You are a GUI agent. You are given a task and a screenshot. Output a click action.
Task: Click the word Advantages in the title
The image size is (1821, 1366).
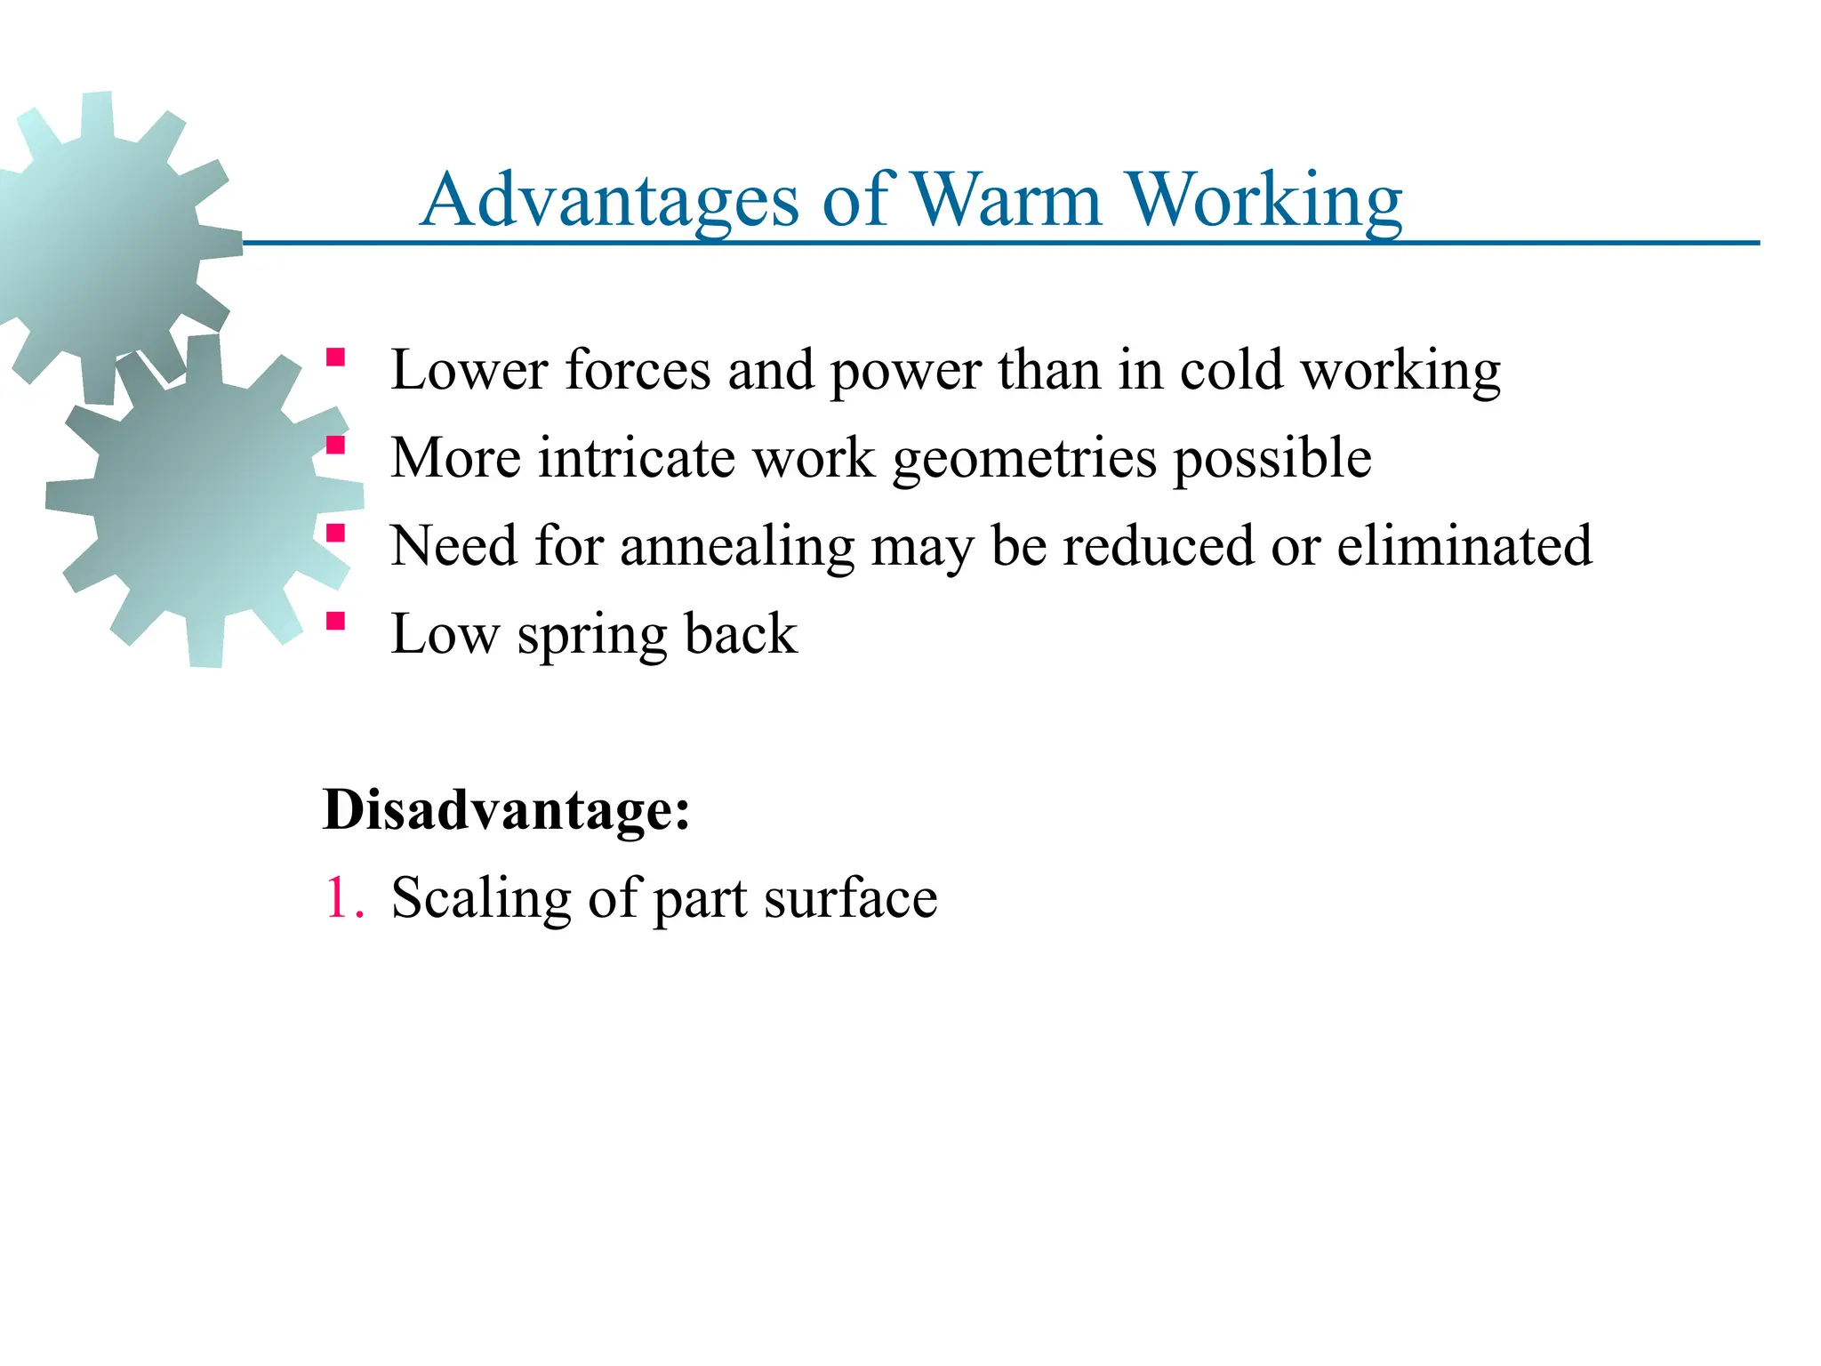click(x=610, y=201)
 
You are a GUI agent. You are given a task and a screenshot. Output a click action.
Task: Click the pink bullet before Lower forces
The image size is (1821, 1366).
click(x=335, y=358)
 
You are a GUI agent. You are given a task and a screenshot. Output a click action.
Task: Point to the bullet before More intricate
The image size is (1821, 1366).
click(x=335, y=445)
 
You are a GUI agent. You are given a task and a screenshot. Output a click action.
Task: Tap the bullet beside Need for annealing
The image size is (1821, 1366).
click(x=335, y=534)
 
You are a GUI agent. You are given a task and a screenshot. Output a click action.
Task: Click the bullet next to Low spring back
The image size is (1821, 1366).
click(x=335, y=621)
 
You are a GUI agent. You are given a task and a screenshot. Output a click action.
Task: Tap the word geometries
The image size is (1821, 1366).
click(x=1024, y=460)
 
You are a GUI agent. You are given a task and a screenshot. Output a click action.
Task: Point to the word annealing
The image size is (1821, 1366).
click(x=737, y=547)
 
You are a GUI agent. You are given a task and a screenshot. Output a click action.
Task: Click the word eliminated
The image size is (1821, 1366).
click(x=1464, y=545)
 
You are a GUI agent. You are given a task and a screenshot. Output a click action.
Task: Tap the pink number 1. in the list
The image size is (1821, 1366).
click(x=344, y=897)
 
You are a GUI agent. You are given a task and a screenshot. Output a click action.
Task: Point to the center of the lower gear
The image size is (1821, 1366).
click(x=205, y=501)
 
